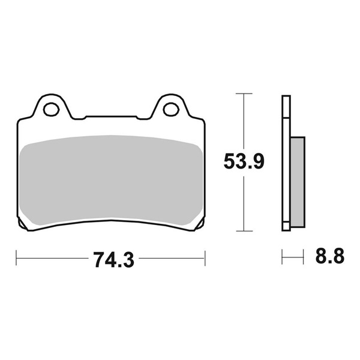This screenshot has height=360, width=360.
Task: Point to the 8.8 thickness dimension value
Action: point(329,259)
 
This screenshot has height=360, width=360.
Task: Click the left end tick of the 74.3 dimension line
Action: point(16,259)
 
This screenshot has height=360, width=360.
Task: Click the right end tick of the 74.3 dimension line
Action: point(206,259)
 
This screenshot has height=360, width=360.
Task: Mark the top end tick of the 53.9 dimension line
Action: point(243,94)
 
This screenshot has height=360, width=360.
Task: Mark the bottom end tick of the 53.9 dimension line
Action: point(243,231)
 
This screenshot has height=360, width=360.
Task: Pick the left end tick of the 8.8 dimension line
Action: point(283,259)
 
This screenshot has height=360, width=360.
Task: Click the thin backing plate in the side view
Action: point(286,162)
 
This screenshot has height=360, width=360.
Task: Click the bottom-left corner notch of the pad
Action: point(23,226)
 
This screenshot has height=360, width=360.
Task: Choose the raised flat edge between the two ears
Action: point(111,116)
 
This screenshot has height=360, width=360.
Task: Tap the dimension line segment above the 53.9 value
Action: point(243,123)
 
